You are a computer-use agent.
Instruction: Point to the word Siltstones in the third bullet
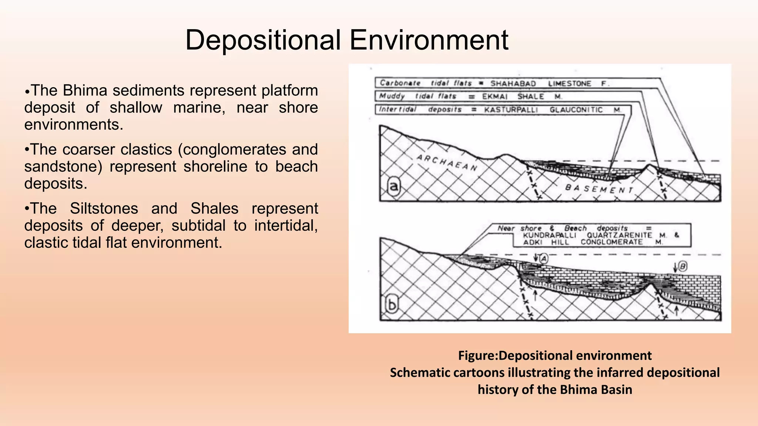104,209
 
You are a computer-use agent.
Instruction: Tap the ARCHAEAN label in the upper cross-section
447,163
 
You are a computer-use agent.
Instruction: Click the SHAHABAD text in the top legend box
513,84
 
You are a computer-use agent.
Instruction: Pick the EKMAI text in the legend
495,97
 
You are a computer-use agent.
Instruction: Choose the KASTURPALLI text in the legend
511,110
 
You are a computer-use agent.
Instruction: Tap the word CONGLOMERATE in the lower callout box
611,242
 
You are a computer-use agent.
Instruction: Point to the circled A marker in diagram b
543,258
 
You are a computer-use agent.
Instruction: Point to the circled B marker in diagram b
683,266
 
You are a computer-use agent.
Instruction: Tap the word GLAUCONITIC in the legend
576,110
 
